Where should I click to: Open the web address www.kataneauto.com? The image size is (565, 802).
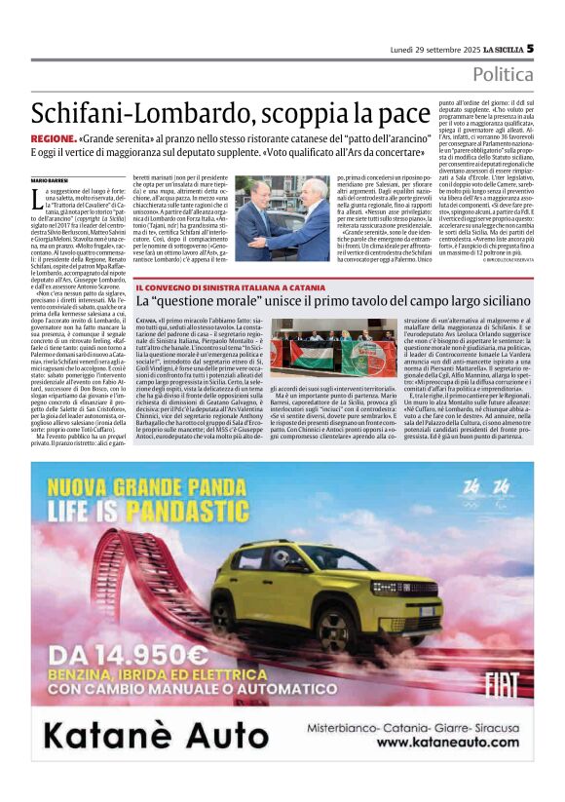click(420, 743)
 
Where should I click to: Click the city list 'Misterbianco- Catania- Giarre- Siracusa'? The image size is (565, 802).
click(419, 724)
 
